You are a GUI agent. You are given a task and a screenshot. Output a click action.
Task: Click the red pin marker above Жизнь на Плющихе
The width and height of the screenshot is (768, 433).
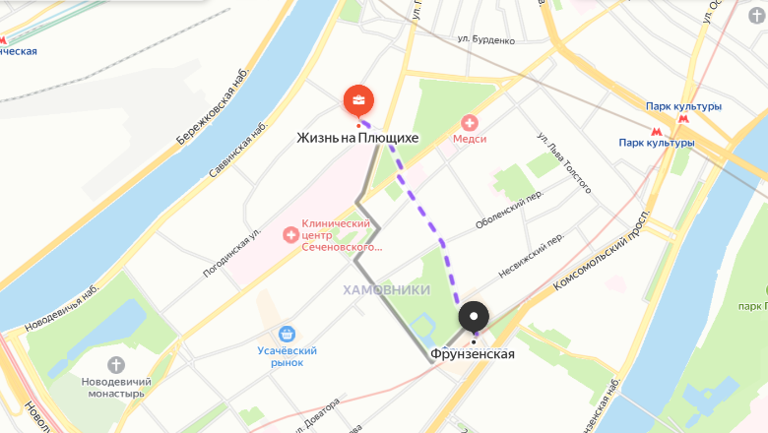click(x=358, y=99)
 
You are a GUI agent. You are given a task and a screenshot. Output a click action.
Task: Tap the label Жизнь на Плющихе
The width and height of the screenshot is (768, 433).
click(x=357, y=138)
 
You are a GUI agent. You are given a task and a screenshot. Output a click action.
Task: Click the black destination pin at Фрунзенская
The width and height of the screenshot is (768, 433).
click(x=474, y=316)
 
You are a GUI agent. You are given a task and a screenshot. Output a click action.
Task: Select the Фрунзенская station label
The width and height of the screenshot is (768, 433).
click(x=473, y=353)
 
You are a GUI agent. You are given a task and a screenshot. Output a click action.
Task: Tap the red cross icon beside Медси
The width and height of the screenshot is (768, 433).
click(x=470, y=123)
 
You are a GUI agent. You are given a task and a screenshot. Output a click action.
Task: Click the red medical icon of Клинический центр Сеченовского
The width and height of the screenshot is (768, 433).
click(x=290, y=234)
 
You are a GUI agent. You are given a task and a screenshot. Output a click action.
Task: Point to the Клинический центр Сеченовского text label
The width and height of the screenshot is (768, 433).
click(x=342, y=235)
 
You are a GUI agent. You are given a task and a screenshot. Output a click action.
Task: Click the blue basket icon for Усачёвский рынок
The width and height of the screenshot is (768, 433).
click(x=287, y=335)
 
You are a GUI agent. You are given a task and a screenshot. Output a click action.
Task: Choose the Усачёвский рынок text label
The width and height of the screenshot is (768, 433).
click(x=287, y=357)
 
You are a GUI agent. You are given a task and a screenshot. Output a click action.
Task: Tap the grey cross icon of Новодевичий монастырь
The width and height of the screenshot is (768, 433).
click(x=116, y=366)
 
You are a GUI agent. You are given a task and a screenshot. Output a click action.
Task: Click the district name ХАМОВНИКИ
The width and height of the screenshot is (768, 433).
click(x=387, y=289)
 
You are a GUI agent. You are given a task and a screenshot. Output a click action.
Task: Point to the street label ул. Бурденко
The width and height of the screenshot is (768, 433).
click(x=486, y=40)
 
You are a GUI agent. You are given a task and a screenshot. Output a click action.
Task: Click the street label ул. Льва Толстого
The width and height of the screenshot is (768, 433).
click(x=564, y=161)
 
